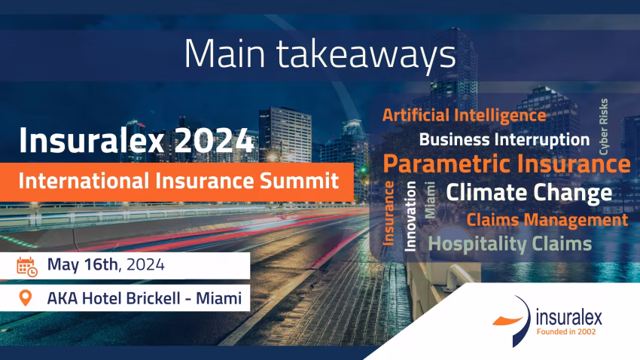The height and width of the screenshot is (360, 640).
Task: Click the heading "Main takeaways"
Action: (x=320, y=54)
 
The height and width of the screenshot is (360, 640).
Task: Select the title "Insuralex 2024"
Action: (x=136, y=140)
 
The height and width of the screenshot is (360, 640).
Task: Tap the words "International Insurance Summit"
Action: (x=178, y=181)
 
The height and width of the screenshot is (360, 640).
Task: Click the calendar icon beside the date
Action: (x=27, y=267)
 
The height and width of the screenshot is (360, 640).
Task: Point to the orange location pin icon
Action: (x=26, y=298)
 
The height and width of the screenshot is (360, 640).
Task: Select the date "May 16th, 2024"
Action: (x=105, y=265)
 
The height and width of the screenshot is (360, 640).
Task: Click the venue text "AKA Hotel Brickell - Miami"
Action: (x=145, y=298)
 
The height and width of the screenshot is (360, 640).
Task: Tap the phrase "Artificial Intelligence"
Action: (x=464, y=115)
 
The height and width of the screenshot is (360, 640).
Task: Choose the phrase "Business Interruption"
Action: (x=504, y=139)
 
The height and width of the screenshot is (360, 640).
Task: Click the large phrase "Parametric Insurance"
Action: (x=507, y=164)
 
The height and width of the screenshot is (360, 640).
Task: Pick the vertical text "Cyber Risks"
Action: (x=603, y=127)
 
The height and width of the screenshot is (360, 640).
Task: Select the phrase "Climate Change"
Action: (x=529, y=192)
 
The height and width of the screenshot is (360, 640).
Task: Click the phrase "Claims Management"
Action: (x=547, y=220)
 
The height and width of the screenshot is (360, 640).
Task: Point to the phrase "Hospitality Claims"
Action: (x=510, y=244)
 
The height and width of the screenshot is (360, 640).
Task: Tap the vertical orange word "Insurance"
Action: (x=389, y=213)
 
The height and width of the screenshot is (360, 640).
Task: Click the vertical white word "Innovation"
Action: (x=410, y=216)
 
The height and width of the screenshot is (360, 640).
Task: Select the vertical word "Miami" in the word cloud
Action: (x=429, y=200)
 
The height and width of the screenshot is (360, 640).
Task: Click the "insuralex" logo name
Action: (x=568, y=318)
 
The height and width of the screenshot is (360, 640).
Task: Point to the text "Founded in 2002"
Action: (x=566, y=332)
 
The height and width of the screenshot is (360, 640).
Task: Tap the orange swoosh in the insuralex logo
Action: (x=507, y=320)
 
